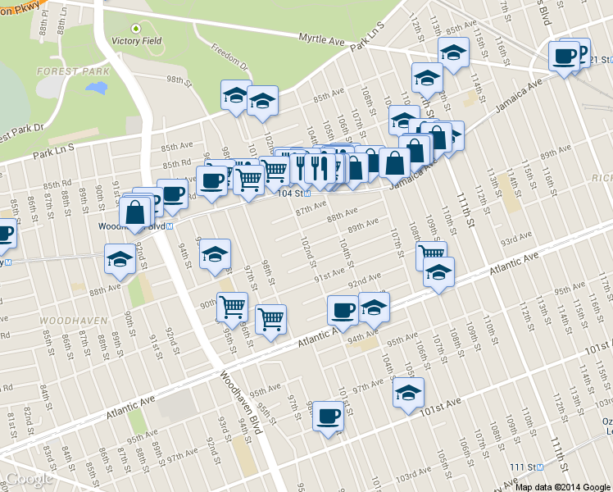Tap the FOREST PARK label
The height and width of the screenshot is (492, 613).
(x=73, y=71)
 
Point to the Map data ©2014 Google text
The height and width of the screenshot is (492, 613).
(x=563, y=486)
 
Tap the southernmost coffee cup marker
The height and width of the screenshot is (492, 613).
(x=328, y=416)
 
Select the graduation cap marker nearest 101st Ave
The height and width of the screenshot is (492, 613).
(x=408, y=392)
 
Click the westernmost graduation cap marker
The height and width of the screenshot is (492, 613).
(x=120, y=259)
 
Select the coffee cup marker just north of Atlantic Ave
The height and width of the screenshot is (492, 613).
(x=343, y=310)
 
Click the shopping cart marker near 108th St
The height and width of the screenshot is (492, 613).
(x=431, y=253)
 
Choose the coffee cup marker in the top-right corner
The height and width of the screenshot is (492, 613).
(x=564, y=56)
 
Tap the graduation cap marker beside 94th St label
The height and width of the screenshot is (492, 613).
(x=215, y=253)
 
